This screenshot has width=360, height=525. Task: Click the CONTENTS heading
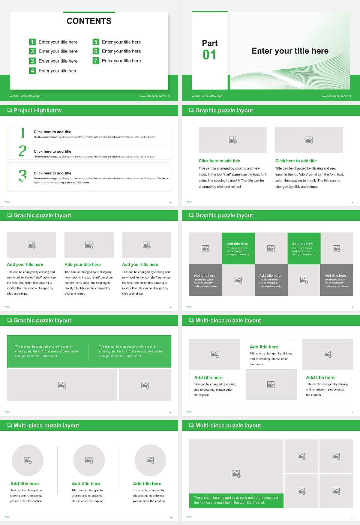point(89,21)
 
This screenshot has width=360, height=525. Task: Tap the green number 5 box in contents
point(96,42)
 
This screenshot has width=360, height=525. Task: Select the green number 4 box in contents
point(32,70)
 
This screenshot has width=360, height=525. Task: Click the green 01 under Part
point(209,55)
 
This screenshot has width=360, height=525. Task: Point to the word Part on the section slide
point(210,43)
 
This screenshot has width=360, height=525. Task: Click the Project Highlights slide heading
point(37,110)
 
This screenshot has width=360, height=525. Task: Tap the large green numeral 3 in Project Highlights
point(22,175)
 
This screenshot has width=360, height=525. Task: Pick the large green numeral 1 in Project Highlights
point(22,133)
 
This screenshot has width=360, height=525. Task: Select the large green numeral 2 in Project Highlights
point(22,151)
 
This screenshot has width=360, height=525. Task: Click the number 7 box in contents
point(96,61)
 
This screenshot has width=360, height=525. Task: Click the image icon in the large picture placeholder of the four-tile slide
point(236,474)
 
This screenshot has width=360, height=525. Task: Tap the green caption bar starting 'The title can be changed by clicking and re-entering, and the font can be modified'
point(236,500)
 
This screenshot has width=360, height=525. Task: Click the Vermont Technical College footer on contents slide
point(25,96)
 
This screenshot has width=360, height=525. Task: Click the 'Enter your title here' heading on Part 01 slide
point(290,51)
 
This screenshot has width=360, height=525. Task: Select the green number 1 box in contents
point(32,42)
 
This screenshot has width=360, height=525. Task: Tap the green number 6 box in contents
point(96,51)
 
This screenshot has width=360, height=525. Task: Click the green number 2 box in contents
point(32,51)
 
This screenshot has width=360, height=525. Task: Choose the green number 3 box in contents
point(32,61)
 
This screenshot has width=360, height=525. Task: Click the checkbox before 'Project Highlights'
point(9,110)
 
